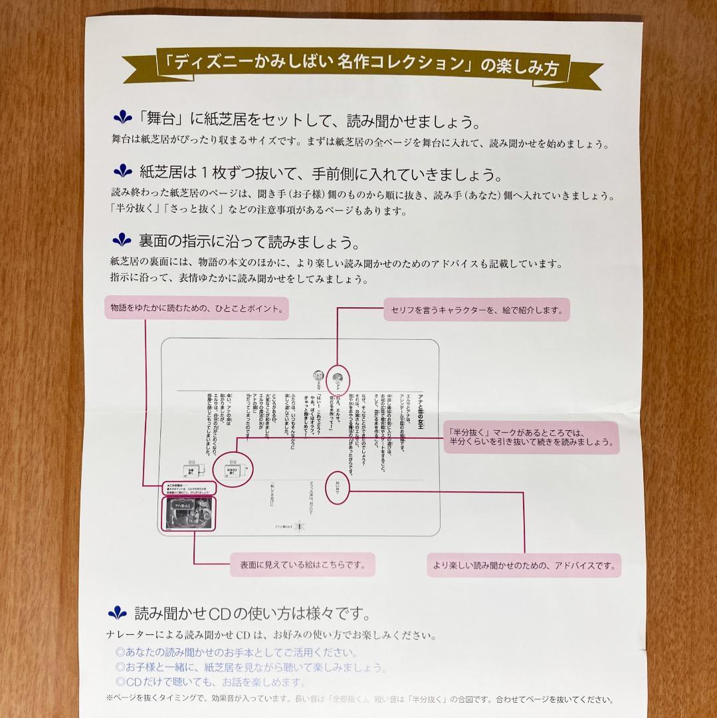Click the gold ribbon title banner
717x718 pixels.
[x=362, y=65]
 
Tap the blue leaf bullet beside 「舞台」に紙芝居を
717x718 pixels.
[x=122, y=118]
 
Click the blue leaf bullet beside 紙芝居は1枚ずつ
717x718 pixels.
[x=123, y=172]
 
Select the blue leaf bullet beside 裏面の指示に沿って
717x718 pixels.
[x=122, y=239]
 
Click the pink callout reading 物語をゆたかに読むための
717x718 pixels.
[x=197, y=308]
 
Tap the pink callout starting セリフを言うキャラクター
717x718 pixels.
[x=477, y=310]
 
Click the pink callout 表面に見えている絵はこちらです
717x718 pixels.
[x=302, y=565]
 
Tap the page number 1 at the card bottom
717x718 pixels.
[x=301, y=526]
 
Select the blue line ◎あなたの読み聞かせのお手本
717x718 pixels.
[x=236, y=653]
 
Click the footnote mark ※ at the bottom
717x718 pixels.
[x=110, y=699]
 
